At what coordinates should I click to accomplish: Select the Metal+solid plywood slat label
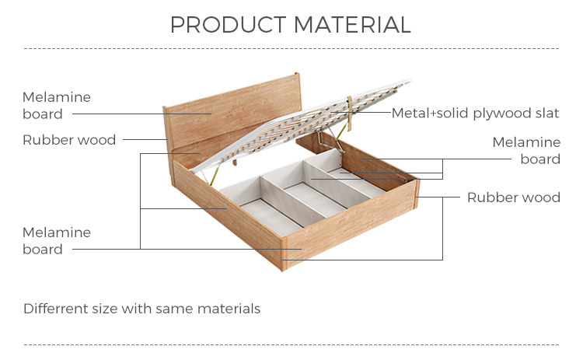(475, 114)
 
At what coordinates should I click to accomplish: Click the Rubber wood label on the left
(69, 140)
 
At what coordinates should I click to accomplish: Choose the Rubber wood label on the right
(513, 197)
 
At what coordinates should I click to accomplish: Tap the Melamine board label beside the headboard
(56, 106)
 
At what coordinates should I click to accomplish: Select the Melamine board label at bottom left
(56, 241)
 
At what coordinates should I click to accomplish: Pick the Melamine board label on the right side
(527, 151)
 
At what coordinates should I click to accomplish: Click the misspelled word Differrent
(55, 309)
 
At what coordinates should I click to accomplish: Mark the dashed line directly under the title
(291, 49)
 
